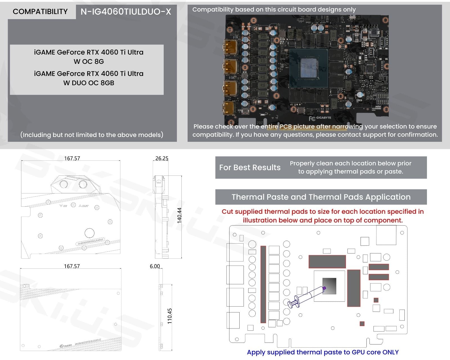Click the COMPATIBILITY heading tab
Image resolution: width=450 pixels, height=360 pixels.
(40, 12)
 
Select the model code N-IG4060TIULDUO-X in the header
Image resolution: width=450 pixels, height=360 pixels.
(126, 12)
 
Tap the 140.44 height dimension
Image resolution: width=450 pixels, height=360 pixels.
(179, 215)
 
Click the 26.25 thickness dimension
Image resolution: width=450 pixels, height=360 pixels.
(162, 158)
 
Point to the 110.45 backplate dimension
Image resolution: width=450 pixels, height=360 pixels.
(170, 316)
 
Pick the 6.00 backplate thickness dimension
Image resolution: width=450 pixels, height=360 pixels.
(155, 266)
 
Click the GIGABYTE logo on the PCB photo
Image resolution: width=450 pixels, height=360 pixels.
(323, 118)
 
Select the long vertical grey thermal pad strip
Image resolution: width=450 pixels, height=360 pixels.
(263, 284)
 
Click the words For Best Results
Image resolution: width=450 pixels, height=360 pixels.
(250, 168)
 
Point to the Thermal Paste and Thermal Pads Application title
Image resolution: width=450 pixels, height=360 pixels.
(321, 197)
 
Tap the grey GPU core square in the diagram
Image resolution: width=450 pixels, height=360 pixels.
(329, 286)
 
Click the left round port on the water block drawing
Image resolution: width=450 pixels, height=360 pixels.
(64, 184)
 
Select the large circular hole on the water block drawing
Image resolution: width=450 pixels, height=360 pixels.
(89, 233)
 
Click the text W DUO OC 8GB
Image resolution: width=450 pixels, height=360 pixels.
(89, 83)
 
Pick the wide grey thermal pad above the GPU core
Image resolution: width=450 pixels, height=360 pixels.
(327, 262)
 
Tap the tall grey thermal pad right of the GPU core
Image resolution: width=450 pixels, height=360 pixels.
(354, 288)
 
